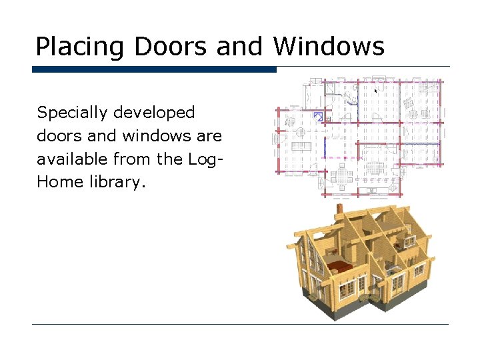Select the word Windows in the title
[x=329, y=47]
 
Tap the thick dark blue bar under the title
[x=154, y=69]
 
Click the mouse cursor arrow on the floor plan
[x=376, y=90]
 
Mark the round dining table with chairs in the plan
[x=344, y=177]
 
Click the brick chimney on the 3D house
[x=339, y=209]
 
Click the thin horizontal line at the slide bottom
[x=240, y=325]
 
